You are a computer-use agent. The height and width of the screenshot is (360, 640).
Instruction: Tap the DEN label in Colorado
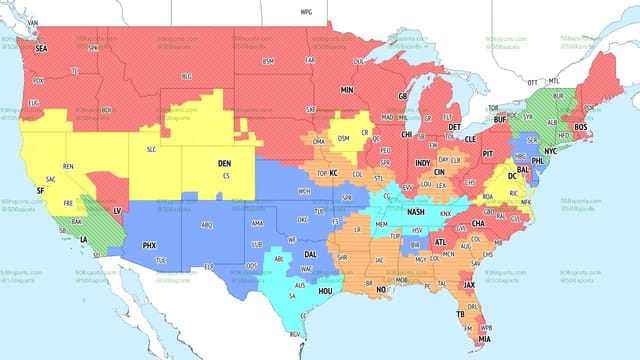point(224,163)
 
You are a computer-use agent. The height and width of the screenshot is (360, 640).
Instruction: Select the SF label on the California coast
point(40,190)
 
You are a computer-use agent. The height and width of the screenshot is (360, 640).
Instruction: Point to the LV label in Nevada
point(117,211)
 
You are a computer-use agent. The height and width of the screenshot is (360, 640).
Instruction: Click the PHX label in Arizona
point(149,245)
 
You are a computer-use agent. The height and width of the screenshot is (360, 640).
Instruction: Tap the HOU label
point(326,289)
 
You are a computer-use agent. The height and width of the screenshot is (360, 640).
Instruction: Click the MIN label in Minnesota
point(347,89)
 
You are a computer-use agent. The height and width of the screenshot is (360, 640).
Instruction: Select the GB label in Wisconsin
point(403,97)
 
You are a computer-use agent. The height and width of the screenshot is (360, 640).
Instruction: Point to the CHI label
point(406,134)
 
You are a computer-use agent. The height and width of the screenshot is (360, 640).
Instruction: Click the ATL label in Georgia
point(440,242)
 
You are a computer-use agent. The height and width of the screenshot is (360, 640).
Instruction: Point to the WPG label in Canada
point(306,11)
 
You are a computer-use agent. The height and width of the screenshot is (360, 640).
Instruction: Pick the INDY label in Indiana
point(423,163)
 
